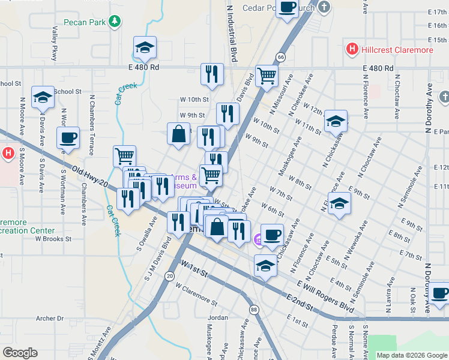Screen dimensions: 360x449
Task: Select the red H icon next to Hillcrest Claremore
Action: [352, 50]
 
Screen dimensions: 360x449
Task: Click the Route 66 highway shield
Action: [280, 56]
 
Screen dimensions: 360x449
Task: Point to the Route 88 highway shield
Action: [255, 310]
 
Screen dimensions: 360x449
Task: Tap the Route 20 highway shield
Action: [170, 276]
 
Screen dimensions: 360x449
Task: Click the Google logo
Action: [20, 353]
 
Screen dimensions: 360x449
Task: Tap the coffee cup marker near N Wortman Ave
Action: [68, 137]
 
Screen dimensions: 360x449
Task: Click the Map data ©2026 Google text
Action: [411, 355]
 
